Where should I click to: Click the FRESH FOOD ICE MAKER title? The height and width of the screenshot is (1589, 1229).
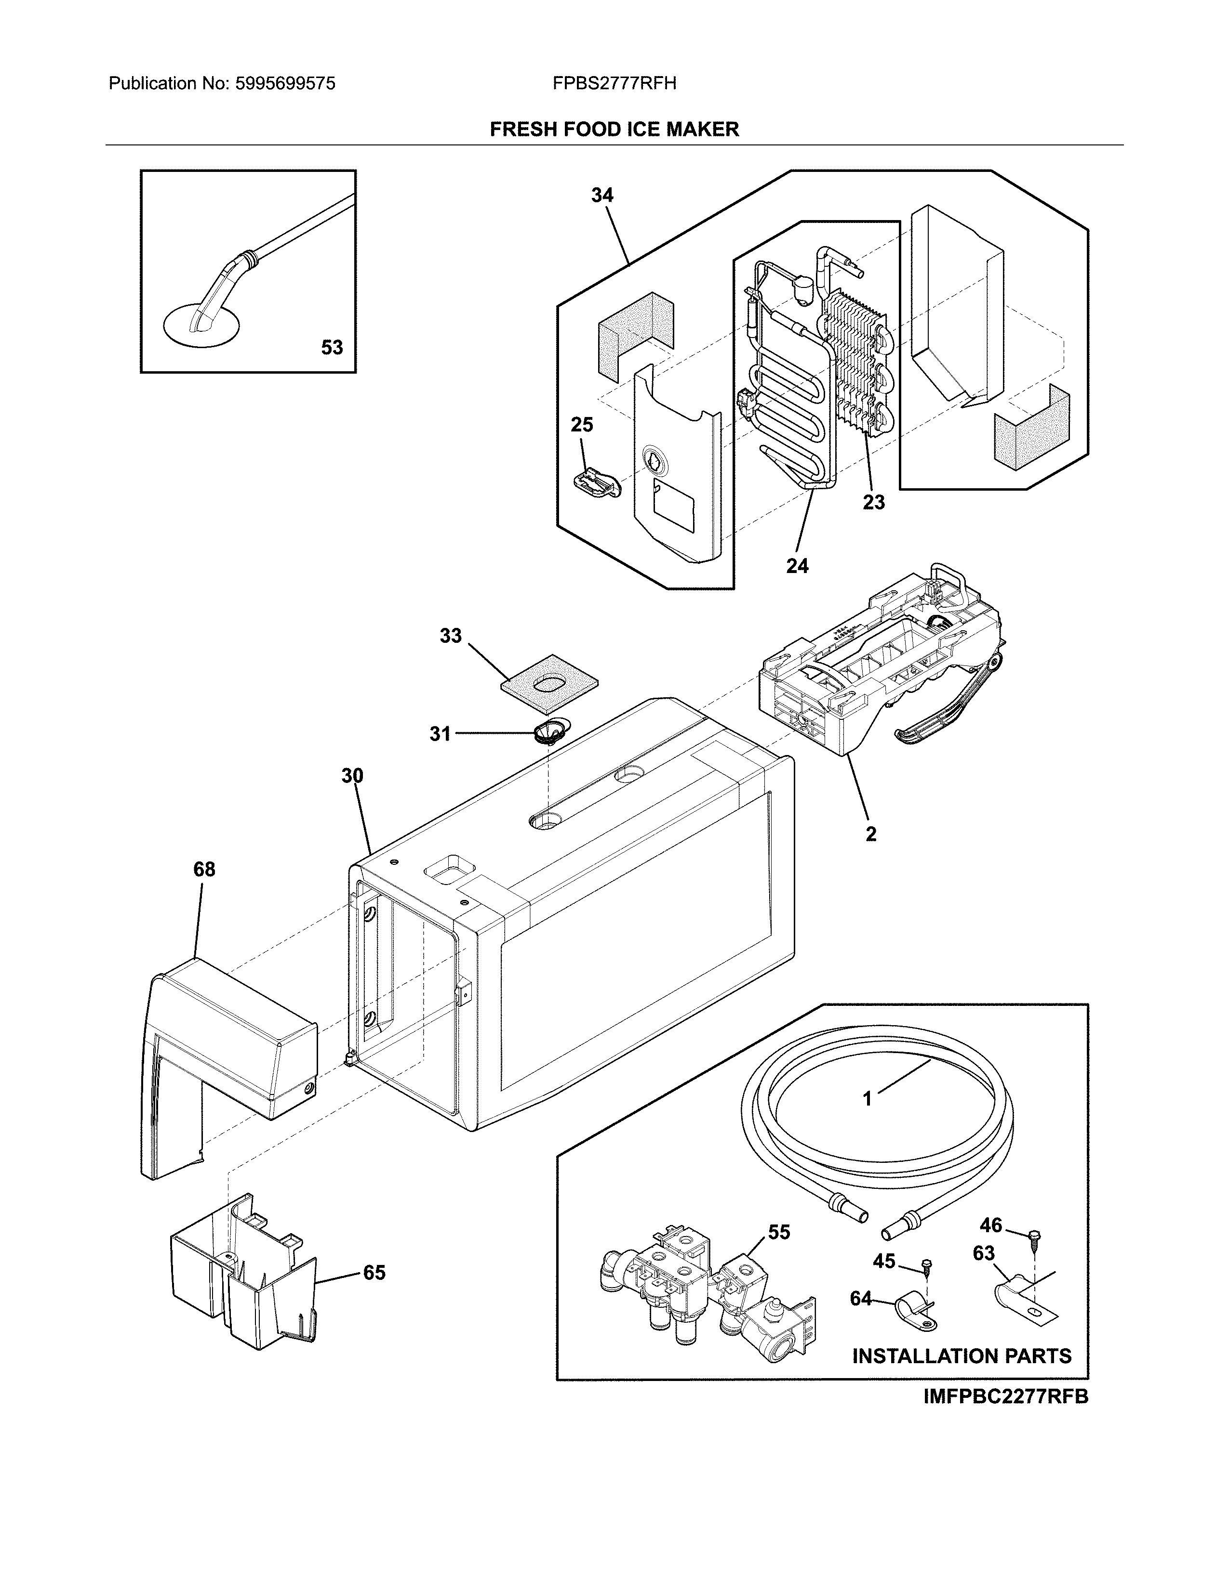pos(614,130)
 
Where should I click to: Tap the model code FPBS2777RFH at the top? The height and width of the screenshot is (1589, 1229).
pos(614,84)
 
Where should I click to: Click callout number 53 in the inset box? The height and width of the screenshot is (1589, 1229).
pos(332,348)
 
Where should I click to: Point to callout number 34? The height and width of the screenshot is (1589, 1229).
pos(602,195)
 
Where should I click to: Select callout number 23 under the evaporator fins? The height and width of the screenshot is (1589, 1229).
pos(874,502)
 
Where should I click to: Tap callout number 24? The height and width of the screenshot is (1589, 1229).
pos(797,565)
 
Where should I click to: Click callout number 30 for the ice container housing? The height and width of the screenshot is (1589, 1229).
pos(352,776)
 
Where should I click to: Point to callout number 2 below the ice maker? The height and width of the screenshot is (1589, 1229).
pos(871,834)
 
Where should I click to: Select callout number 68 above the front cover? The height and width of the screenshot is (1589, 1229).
pos(204,870)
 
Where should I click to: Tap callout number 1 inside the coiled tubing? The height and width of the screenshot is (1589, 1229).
pos(867,1119)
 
